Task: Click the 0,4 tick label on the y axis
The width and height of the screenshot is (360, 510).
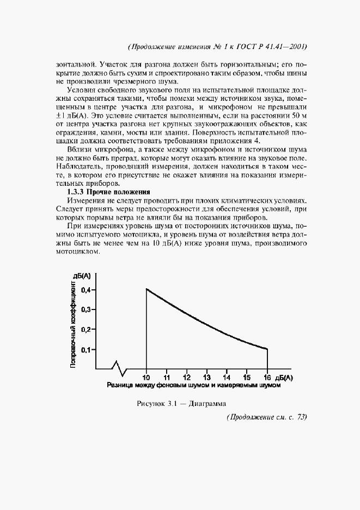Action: click(x=87, y=290)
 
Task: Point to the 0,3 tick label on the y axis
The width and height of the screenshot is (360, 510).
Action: click(x=87, y=309)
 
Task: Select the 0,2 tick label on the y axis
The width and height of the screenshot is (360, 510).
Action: click(x=87, y=330)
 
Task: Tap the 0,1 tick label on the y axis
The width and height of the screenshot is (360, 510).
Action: click(x=87, y=349)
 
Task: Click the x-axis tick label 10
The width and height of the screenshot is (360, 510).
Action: click(x=147, y=377)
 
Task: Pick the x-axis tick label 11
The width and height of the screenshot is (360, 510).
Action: click(x=167, y=377)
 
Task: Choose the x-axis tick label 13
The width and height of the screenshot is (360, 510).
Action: click(x=207, y=377)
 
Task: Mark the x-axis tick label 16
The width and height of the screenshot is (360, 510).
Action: click(x=267, y=377)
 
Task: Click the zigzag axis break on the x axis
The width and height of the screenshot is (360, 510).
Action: click(x=120, y=368)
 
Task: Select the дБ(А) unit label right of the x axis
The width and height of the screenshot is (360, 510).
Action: click(x=284, y=377)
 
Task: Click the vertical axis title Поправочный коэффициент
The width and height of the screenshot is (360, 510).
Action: click(x=73, y=324)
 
